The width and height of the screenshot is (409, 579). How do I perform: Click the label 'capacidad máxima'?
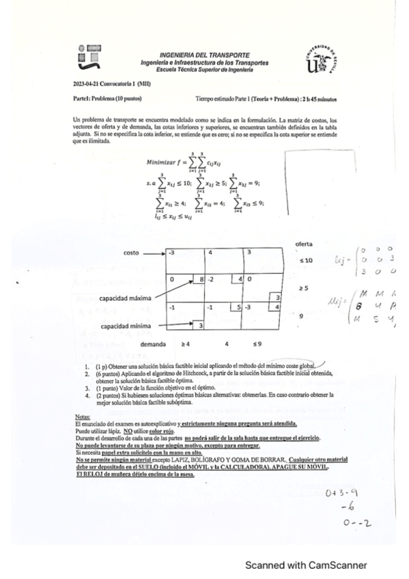[125, 298]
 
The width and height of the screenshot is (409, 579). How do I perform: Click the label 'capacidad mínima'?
[125, 326]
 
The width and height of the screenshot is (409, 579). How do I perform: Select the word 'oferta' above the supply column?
[304, 244]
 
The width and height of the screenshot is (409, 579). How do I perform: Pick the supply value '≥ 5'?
[304, 289]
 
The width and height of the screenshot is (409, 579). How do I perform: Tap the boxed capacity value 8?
[202, 279]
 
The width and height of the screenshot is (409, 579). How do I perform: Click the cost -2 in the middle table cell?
[212, 279]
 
